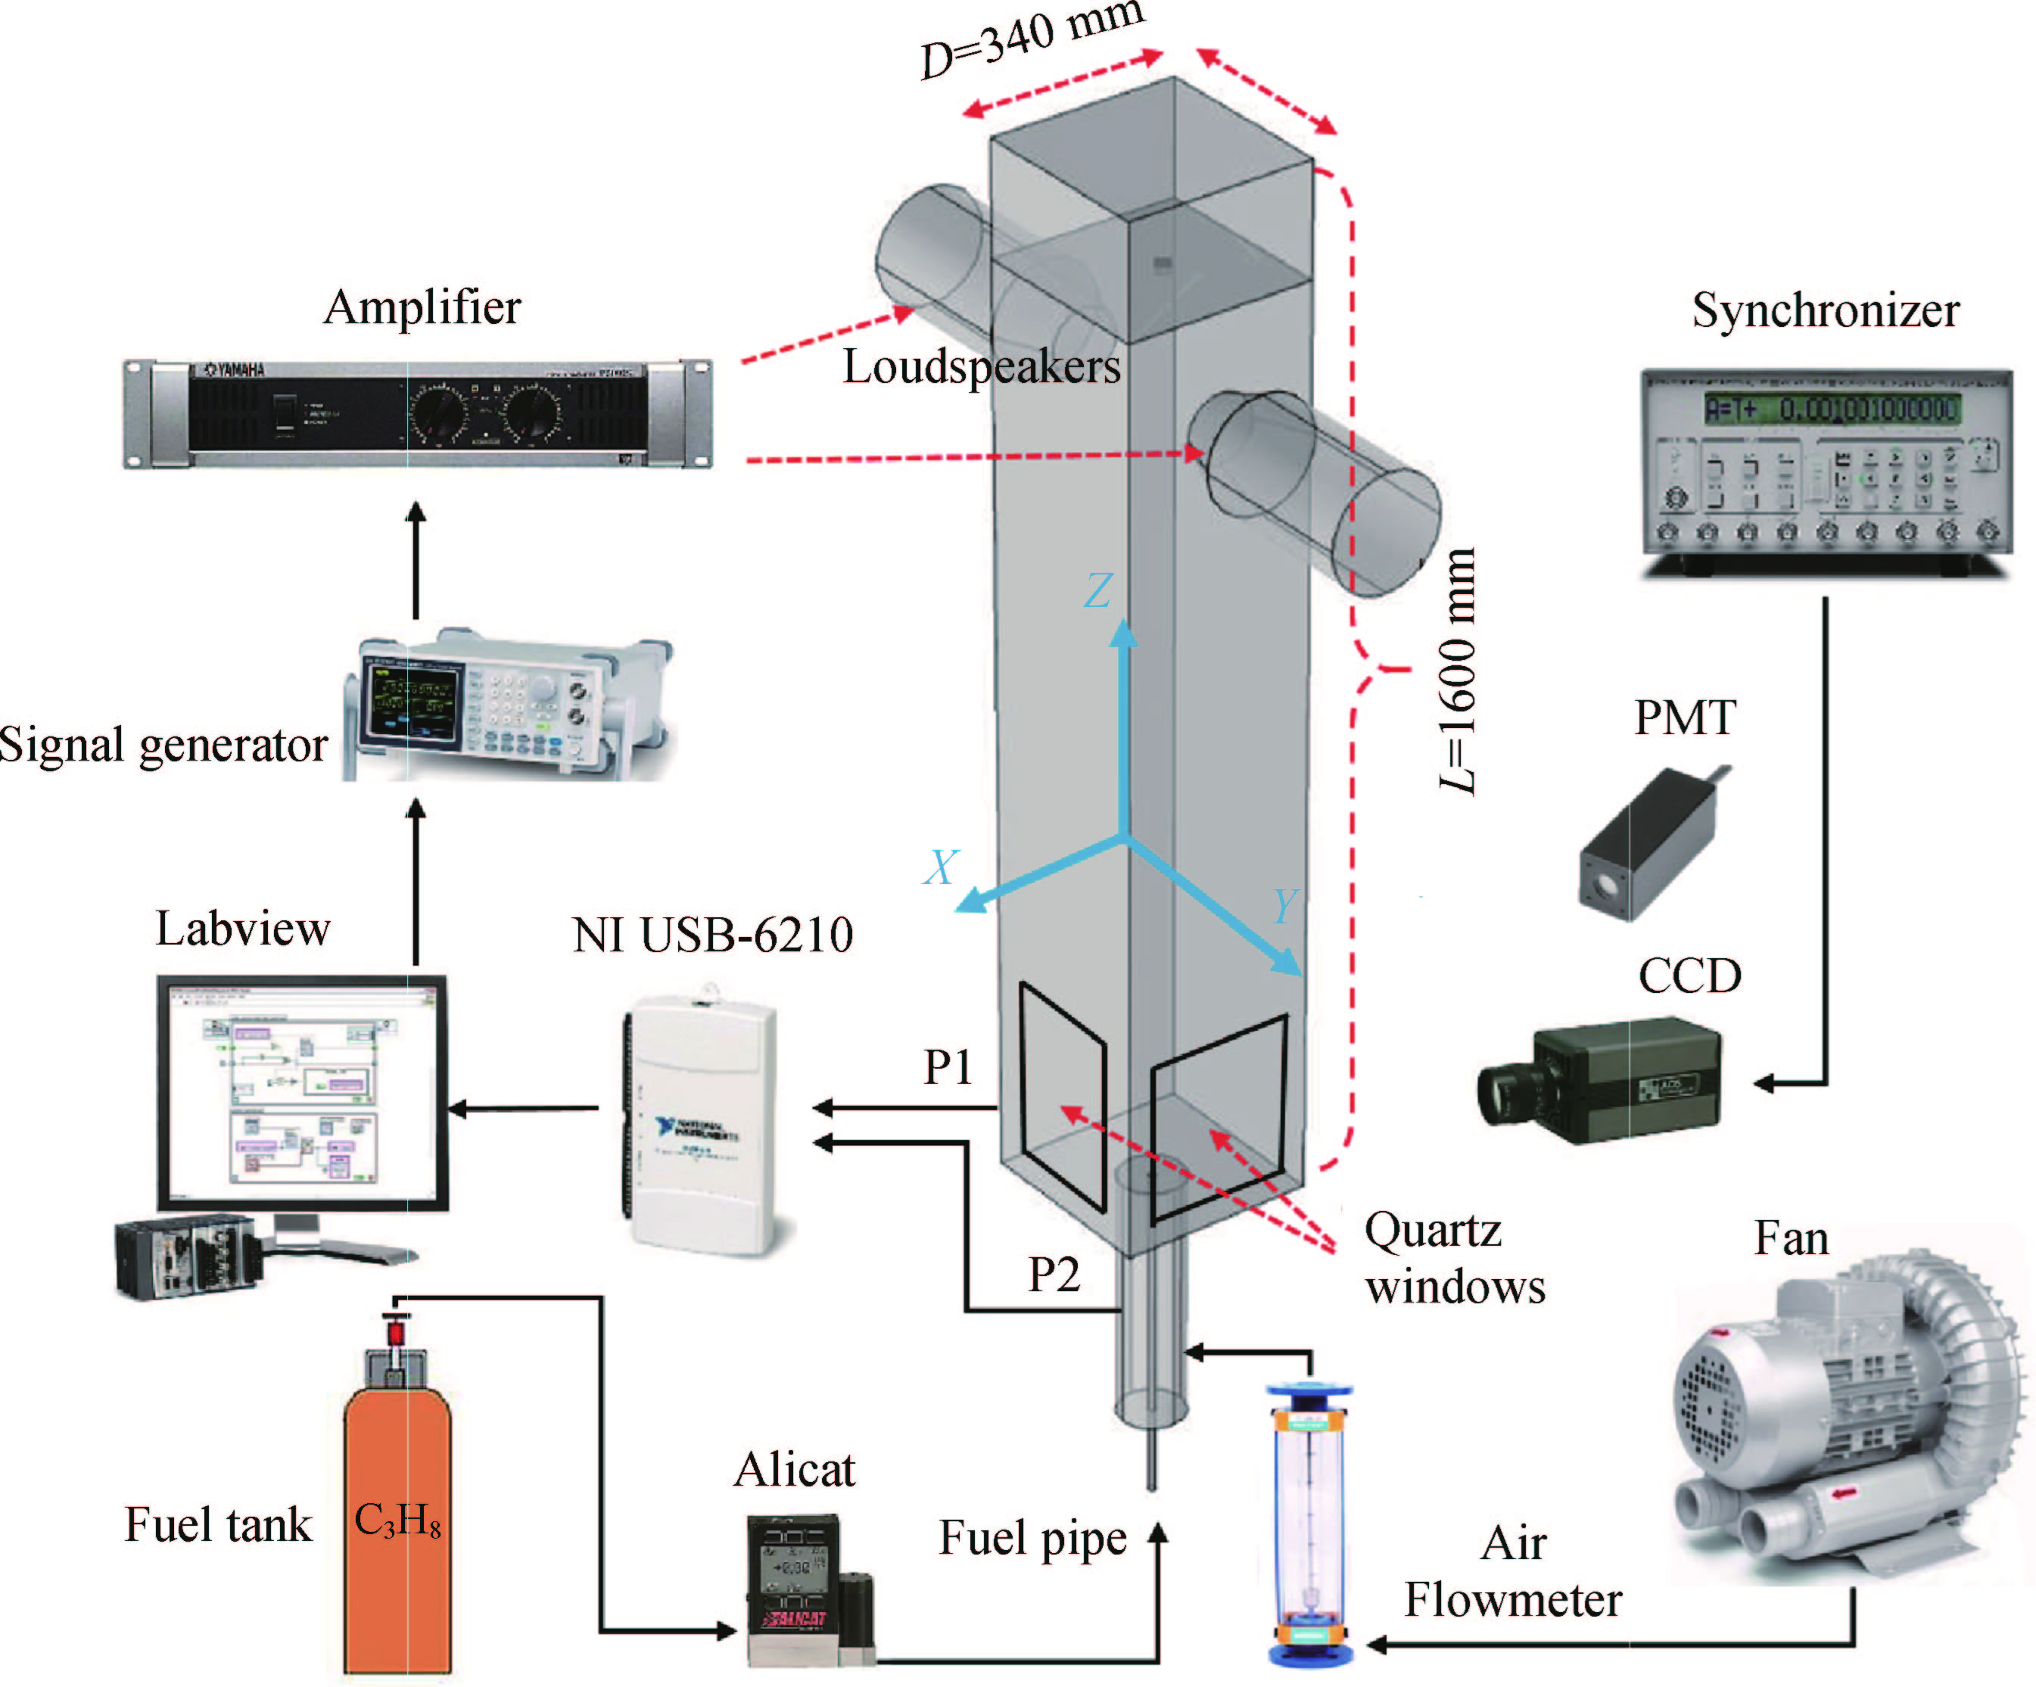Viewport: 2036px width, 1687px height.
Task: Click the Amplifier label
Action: [x=422, y=307]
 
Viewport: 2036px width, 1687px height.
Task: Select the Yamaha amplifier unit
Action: [x=417, y=414]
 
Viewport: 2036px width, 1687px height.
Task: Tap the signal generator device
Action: [x=504, y=706]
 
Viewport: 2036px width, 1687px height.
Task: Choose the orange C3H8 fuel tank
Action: [x=397, y=1522]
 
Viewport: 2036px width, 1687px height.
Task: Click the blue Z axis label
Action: [x=1098, y=590]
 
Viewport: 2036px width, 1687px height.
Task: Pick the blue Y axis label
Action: [x=1284, y=907]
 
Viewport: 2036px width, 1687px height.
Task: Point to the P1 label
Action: [x=947, y=1067]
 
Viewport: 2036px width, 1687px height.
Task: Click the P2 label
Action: [x=1054, y=1274]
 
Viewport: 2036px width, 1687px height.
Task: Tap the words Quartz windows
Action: [x=1454, y=1259]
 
